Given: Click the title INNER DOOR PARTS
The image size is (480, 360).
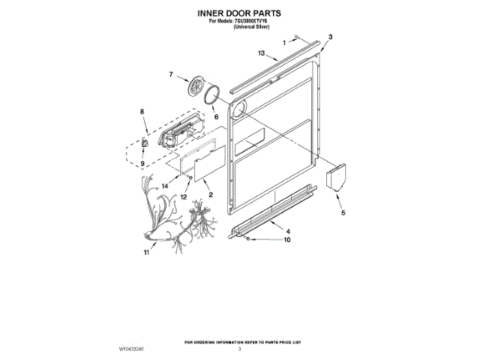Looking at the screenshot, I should pos(240,13).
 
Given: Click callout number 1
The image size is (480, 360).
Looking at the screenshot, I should pos(284,43).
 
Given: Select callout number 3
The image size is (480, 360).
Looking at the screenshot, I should pos(331,37).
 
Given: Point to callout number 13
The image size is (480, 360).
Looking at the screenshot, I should pos(262,53).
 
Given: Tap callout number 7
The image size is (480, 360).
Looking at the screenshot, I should pos(171,74).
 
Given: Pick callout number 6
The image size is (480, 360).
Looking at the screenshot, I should pos(215,117).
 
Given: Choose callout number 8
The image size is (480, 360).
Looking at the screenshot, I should pos(142,112).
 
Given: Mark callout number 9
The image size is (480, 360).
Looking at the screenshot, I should pos(142,163).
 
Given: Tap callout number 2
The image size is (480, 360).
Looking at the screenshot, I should pos(211,195).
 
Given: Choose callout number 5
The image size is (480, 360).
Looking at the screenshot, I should pos(343,213).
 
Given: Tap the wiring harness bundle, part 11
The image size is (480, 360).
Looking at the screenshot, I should pos(169,217).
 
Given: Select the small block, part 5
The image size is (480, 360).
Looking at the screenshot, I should pos(334,180).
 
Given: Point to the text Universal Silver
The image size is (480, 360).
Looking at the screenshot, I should pos(252,26).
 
